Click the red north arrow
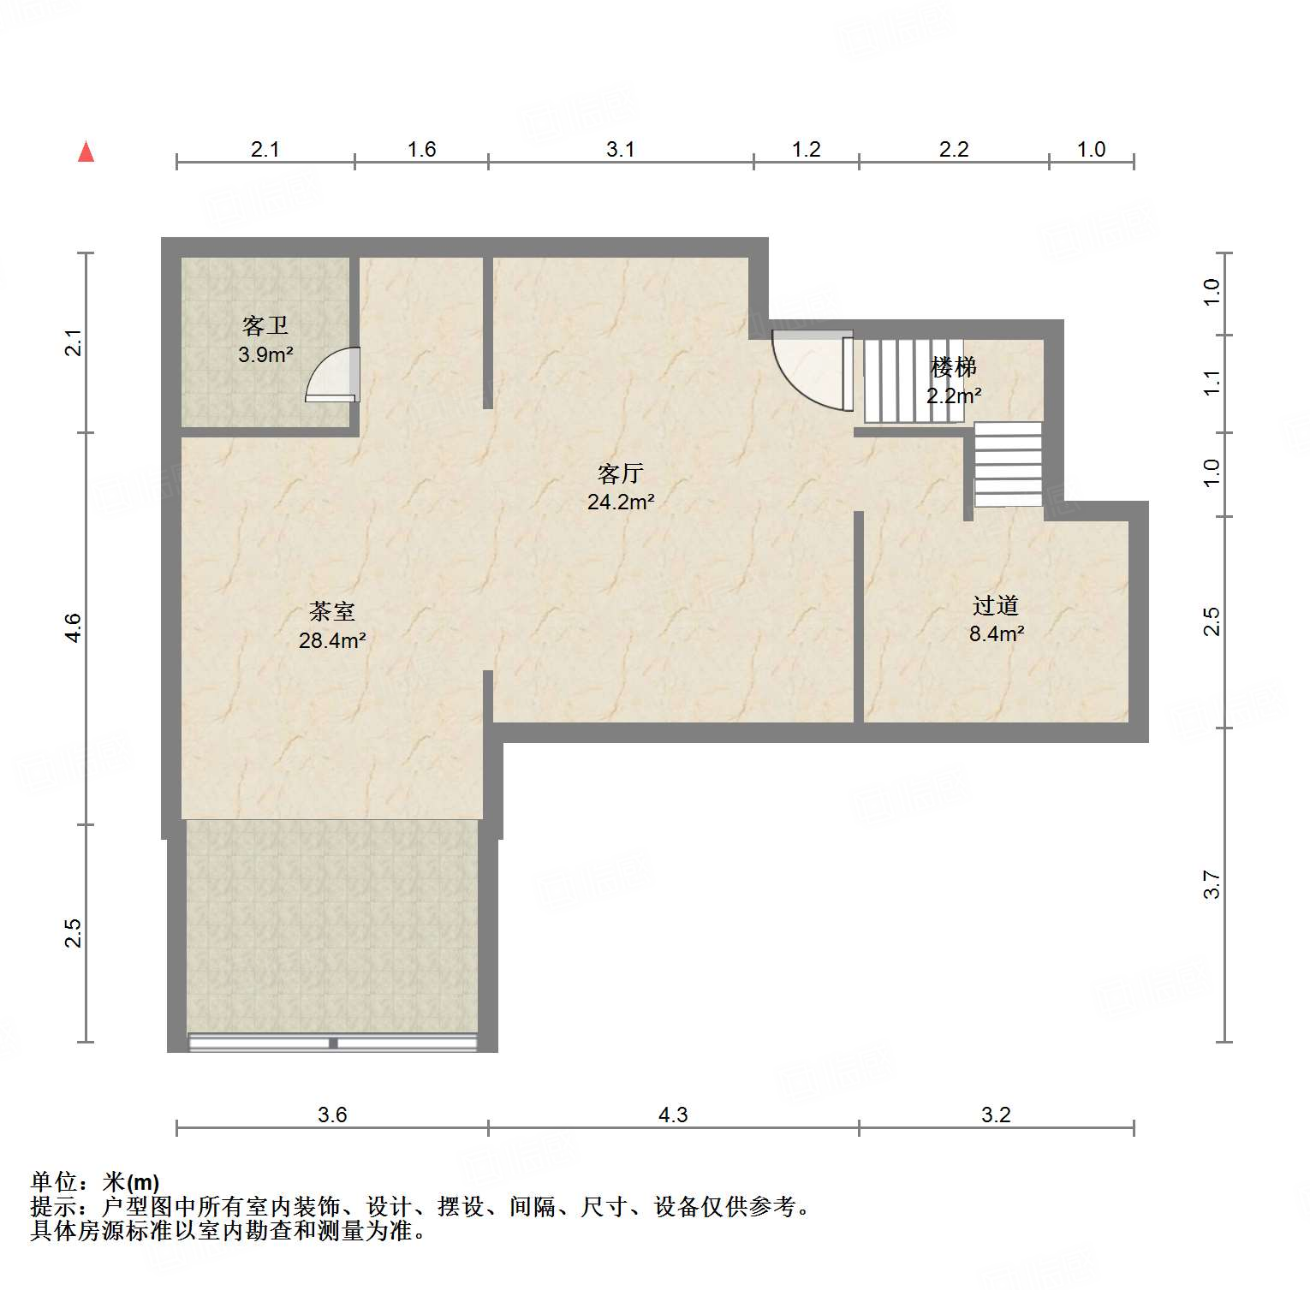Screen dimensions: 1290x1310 [x=86, y=152]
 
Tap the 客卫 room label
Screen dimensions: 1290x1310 [x=265, y=326]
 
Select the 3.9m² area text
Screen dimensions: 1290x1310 [x=265, y=354]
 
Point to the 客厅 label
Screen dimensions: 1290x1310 [x=620, y=473]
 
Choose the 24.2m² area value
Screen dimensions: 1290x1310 [x=621, y=502]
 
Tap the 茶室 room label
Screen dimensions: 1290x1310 [x=332, y=611]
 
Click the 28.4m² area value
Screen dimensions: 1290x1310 [x=332, y=640]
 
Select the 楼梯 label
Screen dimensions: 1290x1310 [x=954, y=367]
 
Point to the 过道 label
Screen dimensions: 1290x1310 [x=996, y=605]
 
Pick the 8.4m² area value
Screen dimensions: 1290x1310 [x=997, y=634]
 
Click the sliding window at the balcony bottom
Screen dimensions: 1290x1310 [x=333, y=1043]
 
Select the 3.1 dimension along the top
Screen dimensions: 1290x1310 [x=621, y=150]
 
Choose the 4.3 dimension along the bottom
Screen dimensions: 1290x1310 [x=673, y=1115]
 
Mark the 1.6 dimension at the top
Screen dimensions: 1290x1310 [x=421, y=150]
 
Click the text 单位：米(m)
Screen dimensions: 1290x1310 [x=95, y=1182]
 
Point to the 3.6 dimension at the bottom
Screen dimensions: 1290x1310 [x=332, y=1115]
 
